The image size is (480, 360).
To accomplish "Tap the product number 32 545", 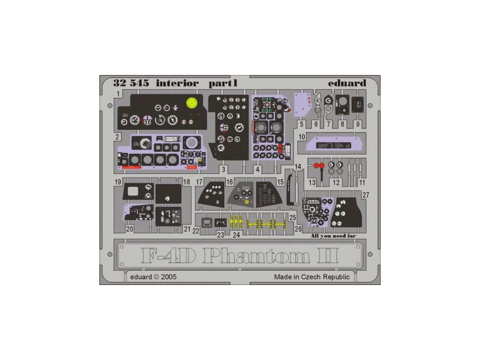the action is coord(124,83).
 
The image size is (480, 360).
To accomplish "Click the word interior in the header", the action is coord(177,83).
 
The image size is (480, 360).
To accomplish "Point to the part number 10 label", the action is coord(302,137).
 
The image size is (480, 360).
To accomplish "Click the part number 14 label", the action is coord(298,167).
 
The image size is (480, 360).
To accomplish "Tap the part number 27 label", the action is coord(366,195).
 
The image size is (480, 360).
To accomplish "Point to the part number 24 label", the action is coord(236,235).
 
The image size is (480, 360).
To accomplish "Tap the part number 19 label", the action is coord(118,182).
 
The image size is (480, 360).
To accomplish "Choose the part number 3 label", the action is coord(224,169).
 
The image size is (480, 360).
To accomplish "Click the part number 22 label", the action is coord(196,231).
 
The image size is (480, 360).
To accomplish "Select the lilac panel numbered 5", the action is coord(305,106).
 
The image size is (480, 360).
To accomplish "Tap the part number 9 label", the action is coord(358,124).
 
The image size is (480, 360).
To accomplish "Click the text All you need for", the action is coord(333,236).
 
